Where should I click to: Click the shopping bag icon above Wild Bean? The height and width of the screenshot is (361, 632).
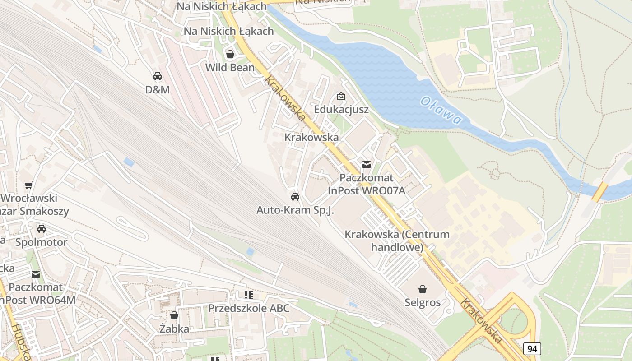(230, 54)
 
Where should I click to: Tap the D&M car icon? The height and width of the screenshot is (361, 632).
(158, 76)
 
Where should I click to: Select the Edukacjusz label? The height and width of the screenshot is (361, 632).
(341, 110)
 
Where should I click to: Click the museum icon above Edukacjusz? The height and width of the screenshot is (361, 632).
(341, 96)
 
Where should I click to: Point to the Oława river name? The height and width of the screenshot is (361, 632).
(441, 111)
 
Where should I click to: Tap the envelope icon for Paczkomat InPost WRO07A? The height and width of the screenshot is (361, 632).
(367, 164)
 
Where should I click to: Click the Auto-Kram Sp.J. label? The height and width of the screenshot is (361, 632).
(295, 210)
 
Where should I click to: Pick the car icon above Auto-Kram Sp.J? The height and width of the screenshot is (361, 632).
(295, 197)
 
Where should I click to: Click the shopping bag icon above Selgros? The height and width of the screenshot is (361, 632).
(423, 289)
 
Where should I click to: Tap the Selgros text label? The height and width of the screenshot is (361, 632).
(423, 302)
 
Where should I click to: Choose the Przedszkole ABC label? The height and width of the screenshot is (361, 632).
(249, 308)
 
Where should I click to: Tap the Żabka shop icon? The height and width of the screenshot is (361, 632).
(174, 315)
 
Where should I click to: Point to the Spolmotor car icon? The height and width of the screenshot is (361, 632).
(42, 229)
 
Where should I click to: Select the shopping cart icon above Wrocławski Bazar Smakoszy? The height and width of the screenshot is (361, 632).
(29, 185)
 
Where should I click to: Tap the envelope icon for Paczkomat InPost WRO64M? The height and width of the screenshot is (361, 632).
(36, 274)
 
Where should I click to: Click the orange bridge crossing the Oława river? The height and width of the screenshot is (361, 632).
(600, 192)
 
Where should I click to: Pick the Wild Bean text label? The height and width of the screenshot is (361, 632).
(230, 68)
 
